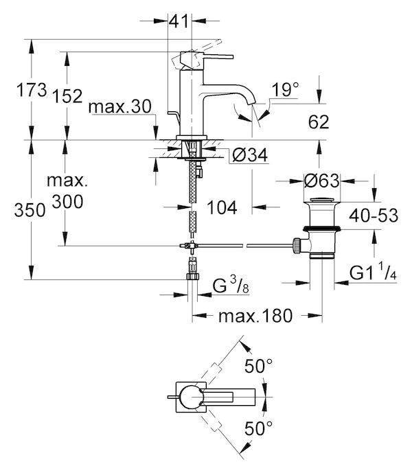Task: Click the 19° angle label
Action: click(286, 89)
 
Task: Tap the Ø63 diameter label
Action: click(321, 182)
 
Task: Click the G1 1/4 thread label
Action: click(374, 273)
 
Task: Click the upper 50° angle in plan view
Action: click(260, 367)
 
